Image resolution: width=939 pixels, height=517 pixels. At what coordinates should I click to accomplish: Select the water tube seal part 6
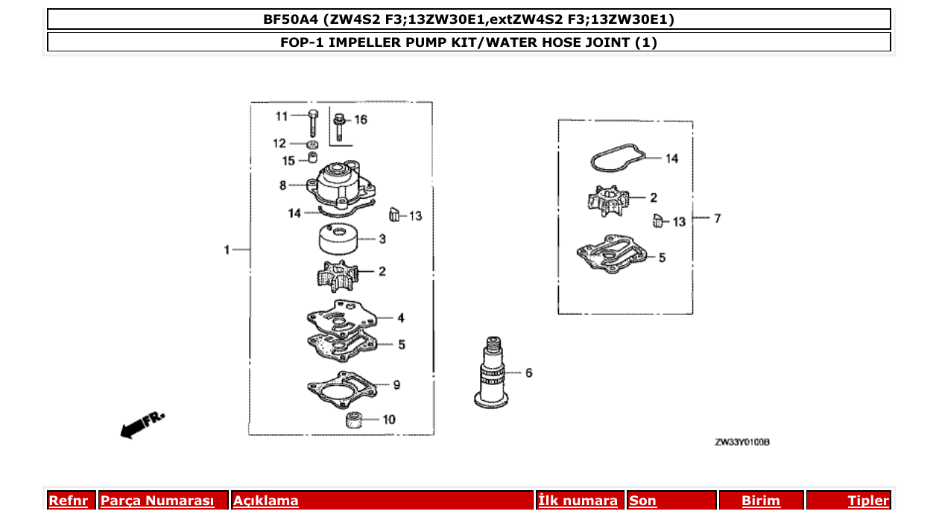493,372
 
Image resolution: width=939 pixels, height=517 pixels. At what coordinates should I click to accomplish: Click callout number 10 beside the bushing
389,419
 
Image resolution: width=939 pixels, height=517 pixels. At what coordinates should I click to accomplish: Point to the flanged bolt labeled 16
340,126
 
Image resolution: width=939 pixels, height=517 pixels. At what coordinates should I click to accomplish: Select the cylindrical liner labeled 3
338,240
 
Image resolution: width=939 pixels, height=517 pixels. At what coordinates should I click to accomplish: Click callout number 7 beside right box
717,218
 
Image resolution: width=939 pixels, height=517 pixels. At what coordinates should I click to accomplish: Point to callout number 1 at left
227,250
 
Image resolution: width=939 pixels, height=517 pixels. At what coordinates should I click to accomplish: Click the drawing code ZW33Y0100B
742,443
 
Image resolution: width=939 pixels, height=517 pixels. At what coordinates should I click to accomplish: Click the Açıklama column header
266,501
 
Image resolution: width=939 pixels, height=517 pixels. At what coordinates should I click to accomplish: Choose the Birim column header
760,501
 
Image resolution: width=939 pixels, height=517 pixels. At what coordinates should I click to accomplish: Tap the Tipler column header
867,501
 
